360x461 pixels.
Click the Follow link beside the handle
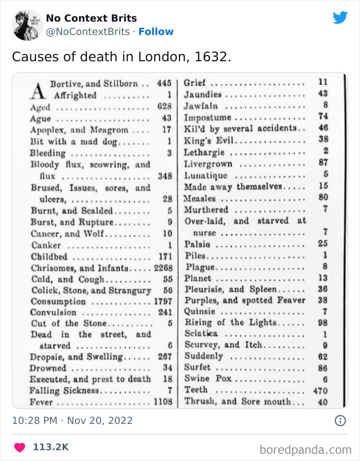[x=156, y=31]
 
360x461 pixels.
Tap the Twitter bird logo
[x=340, y=18]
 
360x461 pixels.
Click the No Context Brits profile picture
[x=27, y=25]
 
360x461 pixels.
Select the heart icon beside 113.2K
[x=20, y=447]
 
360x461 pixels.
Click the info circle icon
[x=340, y=420]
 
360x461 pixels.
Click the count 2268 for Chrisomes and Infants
[x=163, y=268]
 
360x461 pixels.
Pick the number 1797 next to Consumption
[x=163, y=302]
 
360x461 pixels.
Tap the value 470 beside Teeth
[x=320, y=391]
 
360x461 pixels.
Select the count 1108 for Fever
[x=163, y=402]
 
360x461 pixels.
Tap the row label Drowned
[x=48, y=368]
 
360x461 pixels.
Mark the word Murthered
[x=206, y=209]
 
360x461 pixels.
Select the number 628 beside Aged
[x=164, y=108]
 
